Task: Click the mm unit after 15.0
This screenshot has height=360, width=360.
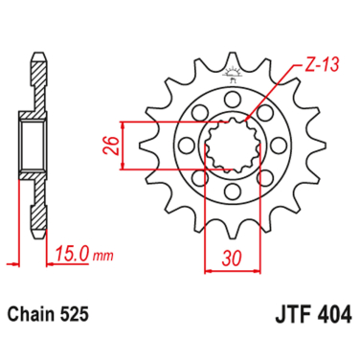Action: [x=103, y=256]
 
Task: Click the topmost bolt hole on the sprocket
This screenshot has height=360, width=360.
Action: [x=233, y=99]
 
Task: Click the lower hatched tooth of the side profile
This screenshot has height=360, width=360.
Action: [x=39, y=215]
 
